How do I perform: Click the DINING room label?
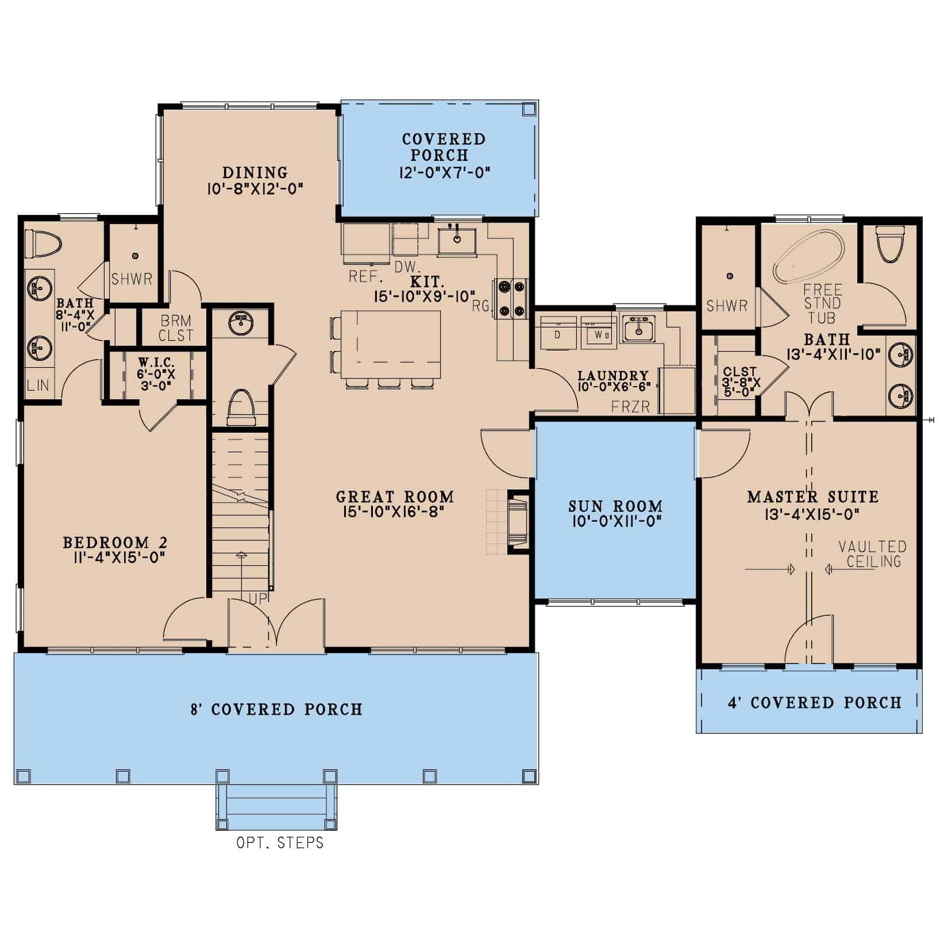[x=255, y=172]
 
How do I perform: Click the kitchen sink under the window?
[x=457, y=240]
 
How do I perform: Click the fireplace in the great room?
[x=517, y=522]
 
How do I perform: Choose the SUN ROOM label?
[x=615, y=506]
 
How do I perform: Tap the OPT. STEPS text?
[x=280, y=843]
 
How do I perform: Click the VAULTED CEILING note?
[x=872, y=554]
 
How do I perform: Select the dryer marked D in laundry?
[x=557, y=333]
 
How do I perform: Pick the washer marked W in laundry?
[x=599, y=333]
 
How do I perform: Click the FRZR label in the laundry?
[x=631, y=407]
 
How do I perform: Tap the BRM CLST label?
[x=176, y=328]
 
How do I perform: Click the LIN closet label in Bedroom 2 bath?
[x=38, y=385]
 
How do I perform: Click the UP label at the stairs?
[x=255, y=599]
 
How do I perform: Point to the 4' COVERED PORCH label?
[x=815, y=703]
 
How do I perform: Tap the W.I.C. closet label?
[x=156, y=363]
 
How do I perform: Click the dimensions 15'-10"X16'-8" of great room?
[x=395, y=512]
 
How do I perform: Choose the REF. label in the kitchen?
[x=366, y=277]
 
